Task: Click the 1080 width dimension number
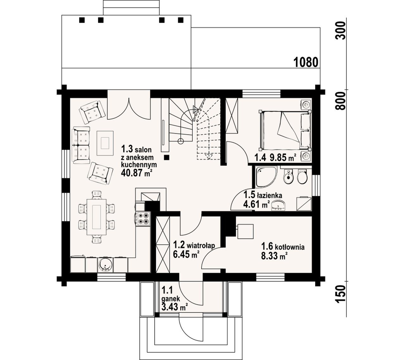(306, 62)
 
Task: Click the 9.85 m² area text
(283, 158)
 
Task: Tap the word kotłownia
(290, 247)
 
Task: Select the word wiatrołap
(201, 245)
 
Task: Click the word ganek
(171, 299)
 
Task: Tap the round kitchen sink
(105, 265)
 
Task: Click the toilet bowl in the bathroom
(302, 176)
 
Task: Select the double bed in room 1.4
(285, 130)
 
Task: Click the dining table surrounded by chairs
(97, 217)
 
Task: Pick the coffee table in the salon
(105, 143)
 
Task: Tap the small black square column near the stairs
(166, 157)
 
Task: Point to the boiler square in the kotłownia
(245, 231)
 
